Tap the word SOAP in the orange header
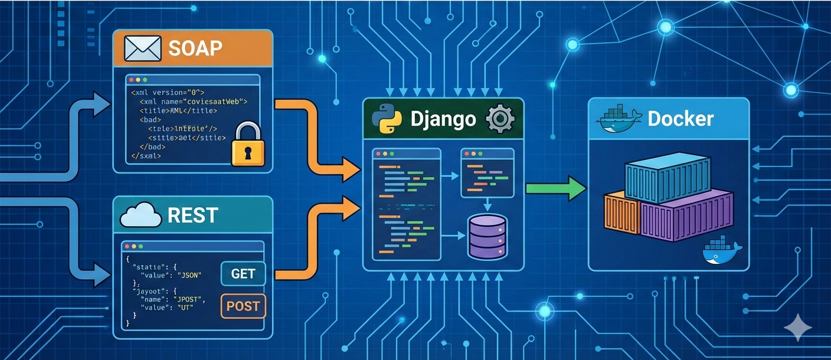[195, 48]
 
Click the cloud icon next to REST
[140, 215]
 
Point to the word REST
[193, 215]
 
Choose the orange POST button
[243, 306]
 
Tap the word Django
[443, 119]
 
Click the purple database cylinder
[487, 237]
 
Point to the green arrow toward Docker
[555, 188]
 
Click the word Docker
[680, 119]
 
